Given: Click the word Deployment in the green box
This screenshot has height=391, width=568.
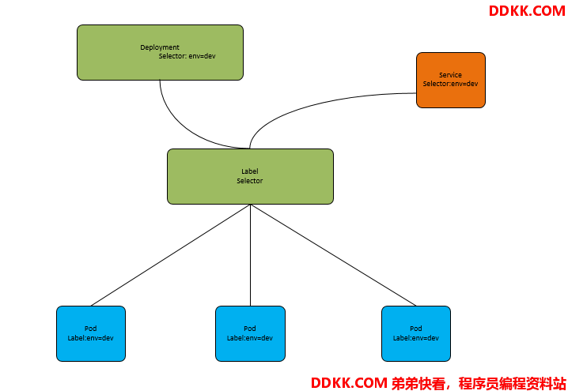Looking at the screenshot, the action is click(160, 47).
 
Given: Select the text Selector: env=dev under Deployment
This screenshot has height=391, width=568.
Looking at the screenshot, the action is click(187, 56).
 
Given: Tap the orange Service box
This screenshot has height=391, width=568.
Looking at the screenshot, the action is click(451, 80).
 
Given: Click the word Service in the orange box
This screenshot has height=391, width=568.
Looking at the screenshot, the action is click(450, 75).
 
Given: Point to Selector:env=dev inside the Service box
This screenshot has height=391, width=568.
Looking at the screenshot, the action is click(450, 84).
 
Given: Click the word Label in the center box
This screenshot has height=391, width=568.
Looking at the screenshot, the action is click(250, 171).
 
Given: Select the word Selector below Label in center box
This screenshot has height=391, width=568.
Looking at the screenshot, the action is click(249, 180).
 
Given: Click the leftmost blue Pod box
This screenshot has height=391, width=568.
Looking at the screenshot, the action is click(91, 333).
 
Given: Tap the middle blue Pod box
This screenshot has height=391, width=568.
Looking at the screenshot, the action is click(250, 333).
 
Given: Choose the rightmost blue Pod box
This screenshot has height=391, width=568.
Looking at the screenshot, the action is click(416, 333).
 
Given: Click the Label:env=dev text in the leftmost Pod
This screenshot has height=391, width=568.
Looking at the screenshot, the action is click(90, 338).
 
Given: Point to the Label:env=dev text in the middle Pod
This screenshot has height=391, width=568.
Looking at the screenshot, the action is click(249, 338).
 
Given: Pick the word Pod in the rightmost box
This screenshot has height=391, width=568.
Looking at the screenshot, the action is click(416, 329).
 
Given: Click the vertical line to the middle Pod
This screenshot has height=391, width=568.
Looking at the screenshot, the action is click(250, 255).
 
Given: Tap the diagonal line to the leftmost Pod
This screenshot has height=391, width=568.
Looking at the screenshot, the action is click(171, 255).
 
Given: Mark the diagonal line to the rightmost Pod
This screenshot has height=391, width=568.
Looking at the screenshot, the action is click(333, 255).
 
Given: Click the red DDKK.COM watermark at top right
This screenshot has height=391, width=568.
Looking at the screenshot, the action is click(527, 11).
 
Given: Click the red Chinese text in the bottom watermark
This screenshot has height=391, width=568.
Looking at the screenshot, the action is click(479, 383).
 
